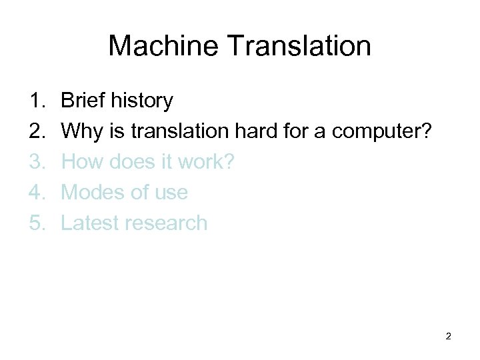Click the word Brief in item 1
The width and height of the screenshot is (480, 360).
83,101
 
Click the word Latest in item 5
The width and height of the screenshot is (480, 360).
89,223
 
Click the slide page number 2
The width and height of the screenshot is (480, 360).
448,336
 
